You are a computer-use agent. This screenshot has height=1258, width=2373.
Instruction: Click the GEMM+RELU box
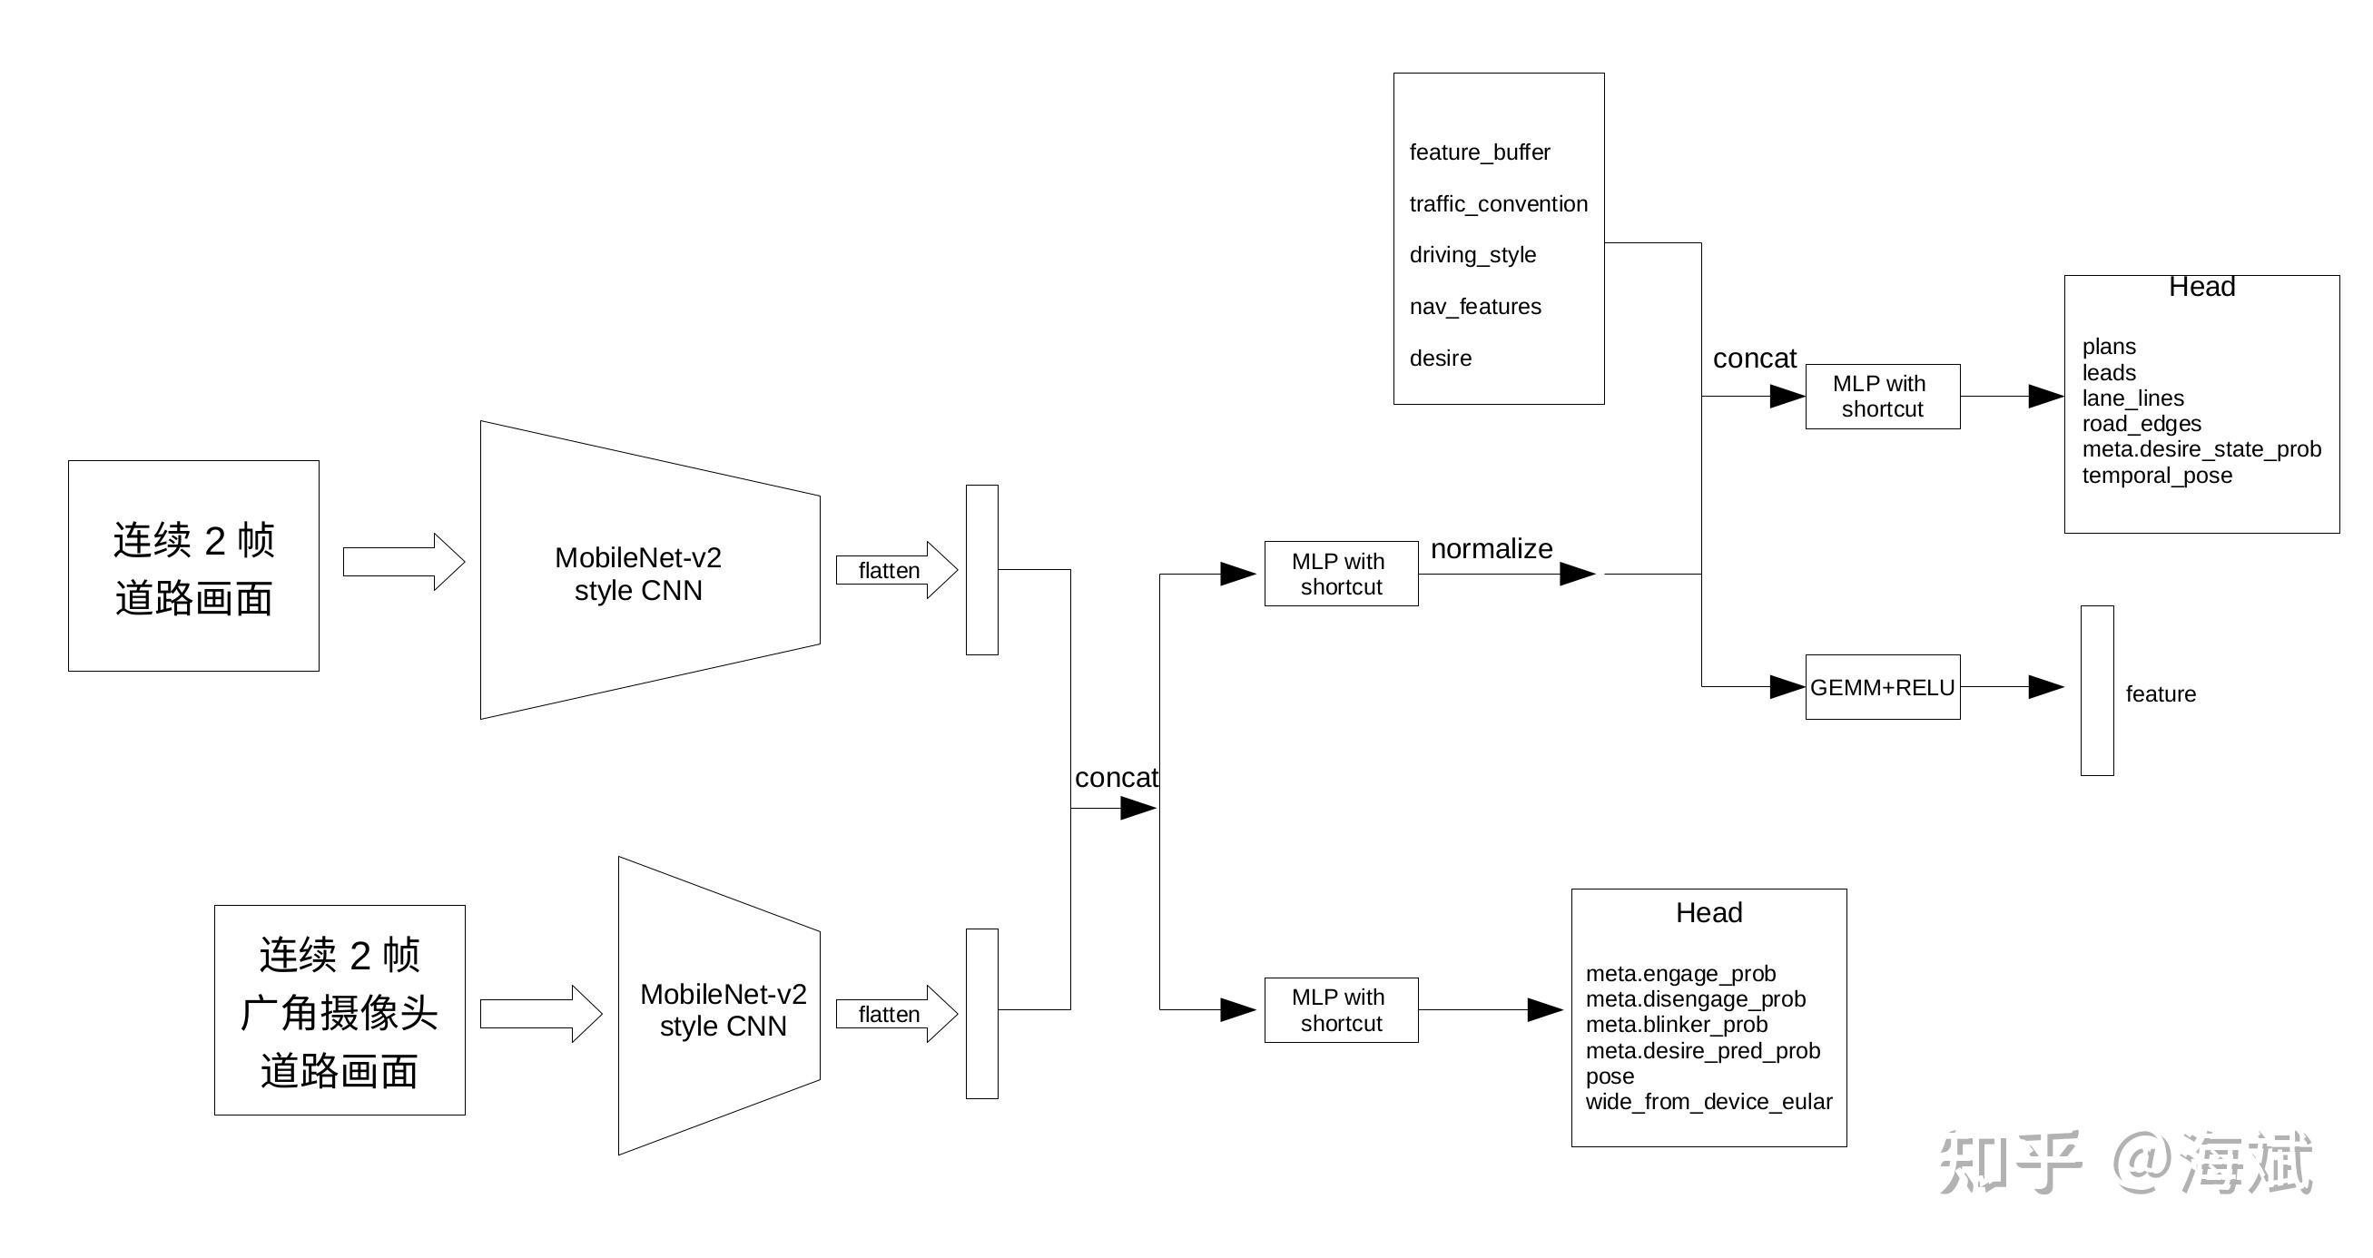(x=1882, y=687)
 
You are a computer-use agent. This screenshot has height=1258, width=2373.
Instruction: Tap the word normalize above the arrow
(x=1492, y=549)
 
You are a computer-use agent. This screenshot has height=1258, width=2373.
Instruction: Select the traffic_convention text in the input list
(x=1498, y=203)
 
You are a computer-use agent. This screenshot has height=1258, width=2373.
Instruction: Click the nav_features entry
(x=1475, y=307)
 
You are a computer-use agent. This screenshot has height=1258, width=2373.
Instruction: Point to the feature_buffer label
(x=1480, y=152)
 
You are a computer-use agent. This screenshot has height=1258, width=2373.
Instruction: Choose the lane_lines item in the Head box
(x=2132, y=398)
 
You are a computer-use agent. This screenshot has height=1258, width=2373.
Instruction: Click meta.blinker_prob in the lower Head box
(x=1677, y=1024)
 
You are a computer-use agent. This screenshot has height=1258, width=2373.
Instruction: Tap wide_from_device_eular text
(x=1708, y=1102)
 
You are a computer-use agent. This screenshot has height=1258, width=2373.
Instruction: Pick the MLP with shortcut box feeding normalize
(x=1340, y=574)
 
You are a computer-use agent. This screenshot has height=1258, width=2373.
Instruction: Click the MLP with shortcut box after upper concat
(x=1882, y=396)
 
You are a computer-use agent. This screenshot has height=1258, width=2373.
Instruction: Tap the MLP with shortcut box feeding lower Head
(x=1340, y=1009)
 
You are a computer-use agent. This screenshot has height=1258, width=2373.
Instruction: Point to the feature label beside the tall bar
(x=2161, y=694)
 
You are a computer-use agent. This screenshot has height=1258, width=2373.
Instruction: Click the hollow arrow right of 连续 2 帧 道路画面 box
(x=403, y=562)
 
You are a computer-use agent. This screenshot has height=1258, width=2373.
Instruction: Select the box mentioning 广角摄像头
(x=339, y=1010)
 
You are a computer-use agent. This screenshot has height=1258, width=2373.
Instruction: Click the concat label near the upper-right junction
(x=1754, y=359)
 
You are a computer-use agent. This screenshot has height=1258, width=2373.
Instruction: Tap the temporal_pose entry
(x=2157, y=476)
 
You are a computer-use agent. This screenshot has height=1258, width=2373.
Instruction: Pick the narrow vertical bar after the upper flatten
(x=981, y=570)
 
